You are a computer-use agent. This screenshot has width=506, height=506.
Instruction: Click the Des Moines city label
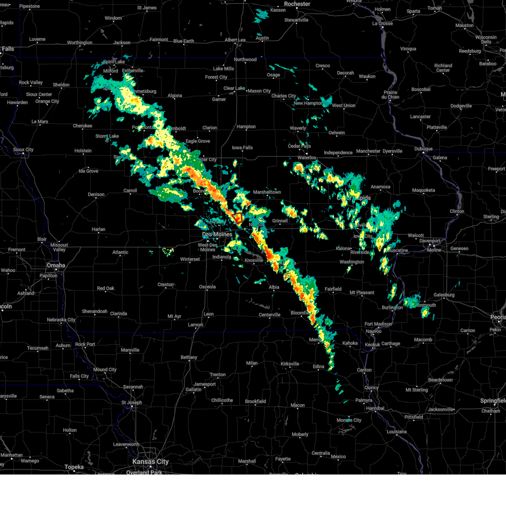tap(217, 234)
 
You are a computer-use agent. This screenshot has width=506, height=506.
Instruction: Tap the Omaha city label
tap(56, 265)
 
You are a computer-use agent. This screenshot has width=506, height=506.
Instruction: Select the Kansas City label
tap(151, 462)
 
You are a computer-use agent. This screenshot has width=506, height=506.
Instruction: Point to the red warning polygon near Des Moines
tap(238, 218)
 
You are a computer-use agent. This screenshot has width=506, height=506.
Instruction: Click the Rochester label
tap(297, 4)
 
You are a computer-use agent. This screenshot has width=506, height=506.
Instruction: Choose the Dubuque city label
tap(423, 149)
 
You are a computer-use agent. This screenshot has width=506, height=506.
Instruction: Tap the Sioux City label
tap(23, 150)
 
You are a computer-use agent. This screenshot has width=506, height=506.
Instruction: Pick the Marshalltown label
tap(267, 192)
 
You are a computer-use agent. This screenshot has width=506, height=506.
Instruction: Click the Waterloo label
tap(307, 158)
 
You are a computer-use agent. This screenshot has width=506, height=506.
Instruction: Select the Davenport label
tap(430, 241)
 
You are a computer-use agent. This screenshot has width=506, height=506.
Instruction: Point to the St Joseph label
tap(132, 402)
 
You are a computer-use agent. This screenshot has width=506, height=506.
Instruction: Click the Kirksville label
tap(290, 364)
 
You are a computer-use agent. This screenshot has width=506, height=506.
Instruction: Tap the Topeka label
tap(74, 467)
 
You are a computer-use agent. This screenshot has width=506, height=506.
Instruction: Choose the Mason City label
tap(259, 91)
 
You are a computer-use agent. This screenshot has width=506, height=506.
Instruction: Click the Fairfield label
tap(333, 289)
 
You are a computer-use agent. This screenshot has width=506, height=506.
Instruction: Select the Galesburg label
tap(444, 295)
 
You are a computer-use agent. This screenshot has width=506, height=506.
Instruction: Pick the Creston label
tap(166, 285)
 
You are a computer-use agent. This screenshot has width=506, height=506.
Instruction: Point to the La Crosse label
tap(382, 24)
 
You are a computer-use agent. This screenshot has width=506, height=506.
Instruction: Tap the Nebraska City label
tap(61, 320)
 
